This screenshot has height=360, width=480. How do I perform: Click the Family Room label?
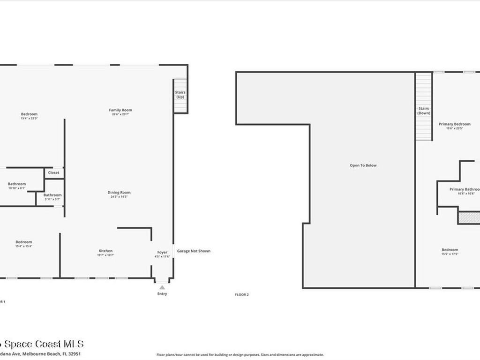pos(120,110)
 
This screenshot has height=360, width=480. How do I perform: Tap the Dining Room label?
pos(119,193)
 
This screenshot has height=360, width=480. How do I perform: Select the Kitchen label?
pos(105,251)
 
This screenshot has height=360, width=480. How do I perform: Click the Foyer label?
pos(162,253)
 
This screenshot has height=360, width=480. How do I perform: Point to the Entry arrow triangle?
pos(162,287)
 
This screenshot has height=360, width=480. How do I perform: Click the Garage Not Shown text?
pos(194,251)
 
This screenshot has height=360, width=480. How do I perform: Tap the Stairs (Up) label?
pos(180,95)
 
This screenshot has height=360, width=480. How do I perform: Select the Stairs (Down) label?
pos(424,111)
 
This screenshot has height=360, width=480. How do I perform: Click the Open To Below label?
pos(363,165)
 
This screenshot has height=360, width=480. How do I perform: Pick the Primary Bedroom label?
pos(454,124)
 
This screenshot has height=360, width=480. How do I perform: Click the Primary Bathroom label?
pos(465,189)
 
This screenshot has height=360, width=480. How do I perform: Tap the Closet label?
pos(53,172)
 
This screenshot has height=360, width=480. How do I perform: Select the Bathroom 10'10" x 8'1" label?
pos(17,184)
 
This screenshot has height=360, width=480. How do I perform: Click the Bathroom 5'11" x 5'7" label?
pos(52,195)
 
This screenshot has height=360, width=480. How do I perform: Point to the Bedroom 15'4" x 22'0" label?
pos(29,114)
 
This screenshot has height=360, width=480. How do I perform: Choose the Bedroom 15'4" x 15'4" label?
pos(23,242)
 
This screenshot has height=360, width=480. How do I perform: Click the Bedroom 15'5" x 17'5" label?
pos(450,250)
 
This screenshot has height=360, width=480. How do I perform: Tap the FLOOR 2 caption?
pos(242,294)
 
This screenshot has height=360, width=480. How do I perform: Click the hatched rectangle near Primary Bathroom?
pos(469,217)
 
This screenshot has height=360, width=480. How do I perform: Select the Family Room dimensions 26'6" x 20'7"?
pos(120,114)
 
